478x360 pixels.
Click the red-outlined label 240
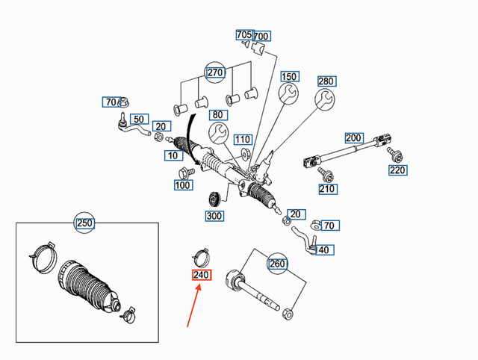click(201, 276)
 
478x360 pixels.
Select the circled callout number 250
click(85, 223)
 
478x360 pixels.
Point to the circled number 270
click(215, 74)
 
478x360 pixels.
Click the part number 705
click(244, 35)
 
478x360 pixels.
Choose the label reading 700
click(261, 37)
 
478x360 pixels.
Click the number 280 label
click(326, 81)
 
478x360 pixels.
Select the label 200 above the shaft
click(353, 138)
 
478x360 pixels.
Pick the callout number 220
click(398, 170)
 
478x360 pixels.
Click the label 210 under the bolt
click(327, 189)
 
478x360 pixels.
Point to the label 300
click(214, 216)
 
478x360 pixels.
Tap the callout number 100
click(183, 184)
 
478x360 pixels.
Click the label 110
click(242, 140)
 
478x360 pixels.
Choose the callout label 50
click(138, 120)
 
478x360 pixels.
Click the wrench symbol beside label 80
click(219, 134)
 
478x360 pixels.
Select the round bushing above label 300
click(213, 199)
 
